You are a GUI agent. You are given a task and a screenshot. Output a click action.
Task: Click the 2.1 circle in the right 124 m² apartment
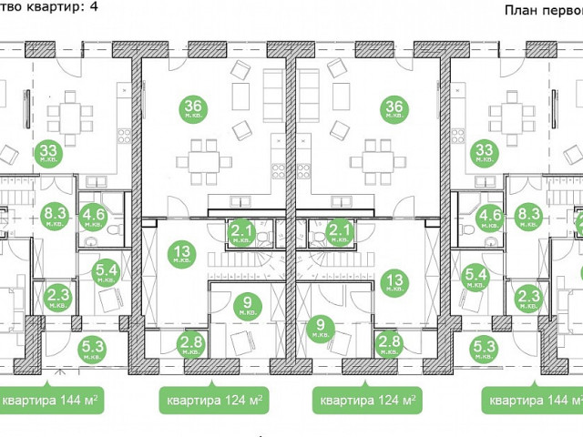340,233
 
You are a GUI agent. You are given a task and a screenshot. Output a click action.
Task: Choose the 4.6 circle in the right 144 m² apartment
489,218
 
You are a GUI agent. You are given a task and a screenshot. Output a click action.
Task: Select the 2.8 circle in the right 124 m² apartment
388,345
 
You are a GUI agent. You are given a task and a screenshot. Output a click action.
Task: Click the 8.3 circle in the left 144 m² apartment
53,218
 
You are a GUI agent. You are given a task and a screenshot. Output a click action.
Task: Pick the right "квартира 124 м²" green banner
368,400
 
